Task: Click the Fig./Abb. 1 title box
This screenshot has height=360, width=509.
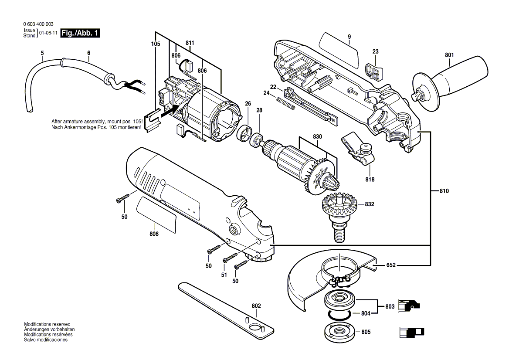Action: (80, 33)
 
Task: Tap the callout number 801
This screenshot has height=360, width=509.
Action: (449, 55)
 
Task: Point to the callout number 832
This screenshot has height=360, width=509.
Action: (369, 204)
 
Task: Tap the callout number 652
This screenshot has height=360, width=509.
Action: (390, 265)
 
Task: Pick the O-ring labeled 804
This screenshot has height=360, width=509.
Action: (340, 315)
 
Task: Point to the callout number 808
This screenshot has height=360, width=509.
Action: (153, 234)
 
